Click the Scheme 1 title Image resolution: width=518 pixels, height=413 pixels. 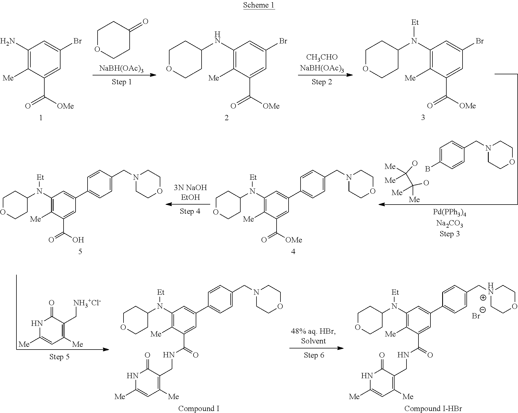(x=259, y=5)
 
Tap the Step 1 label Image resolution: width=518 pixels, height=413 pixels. (x=122, y=82)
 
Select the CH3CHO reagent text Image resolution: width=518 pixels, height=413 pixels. (x=322, y=57)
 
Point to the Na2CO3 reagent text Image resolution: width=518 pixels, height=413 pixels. (x=450, y=223)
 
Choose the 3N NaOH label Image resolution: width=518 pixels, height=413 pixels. (x=190, y=188)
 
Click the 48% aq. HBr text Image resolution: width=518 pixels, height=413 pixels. (x=313, y=331)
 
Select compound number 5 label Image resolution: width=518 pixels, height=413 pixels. (x=80, y=252)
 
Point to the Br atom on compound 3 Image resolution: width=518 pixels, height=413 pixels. (x=480, y=41)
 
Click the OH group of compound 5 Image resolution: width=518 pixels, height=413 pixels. (x=78, y=240)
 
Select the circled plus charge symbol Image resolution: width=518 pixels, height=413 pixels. (x=483, y=298)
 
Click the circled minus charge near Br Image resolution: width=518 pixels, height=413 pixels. (x=483, y=310)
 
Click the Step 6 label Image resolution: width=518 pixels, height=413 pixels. (x=314, y=355)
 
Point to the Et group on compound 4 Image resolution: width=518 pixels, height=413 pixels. (x=253, y=177)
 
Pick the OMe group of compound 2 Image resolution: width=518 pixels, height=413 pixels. (x=271, y=106)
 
